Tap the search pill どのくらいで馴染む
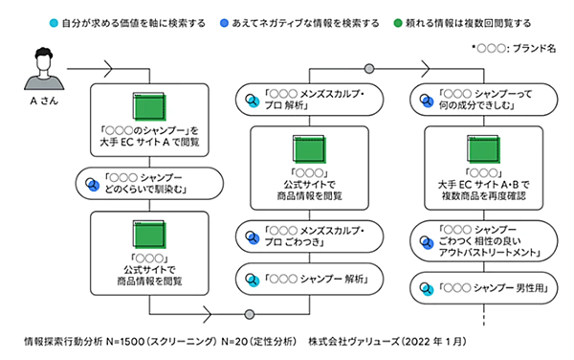pos(147,183)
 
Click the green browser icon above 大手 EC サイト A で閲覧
pos(147,105)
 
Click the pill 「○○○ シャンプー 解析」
pos(307,281)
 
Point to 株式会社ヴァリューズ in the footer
pos(354,341)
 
